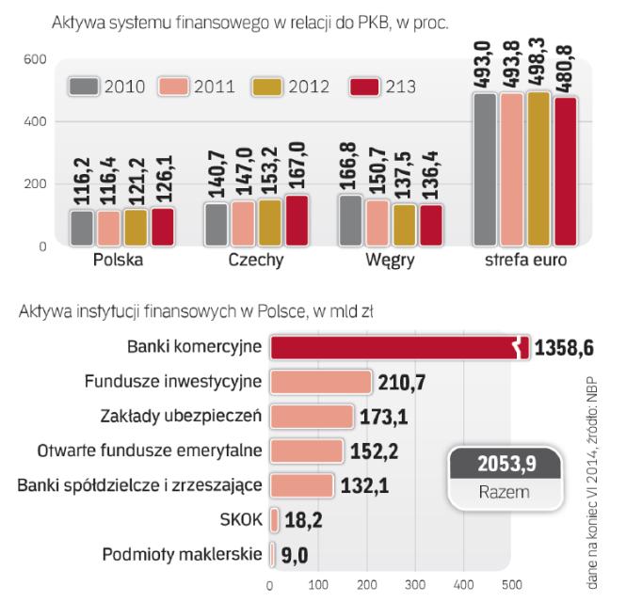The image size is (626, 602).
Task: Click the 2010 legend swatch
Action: pos(82,88)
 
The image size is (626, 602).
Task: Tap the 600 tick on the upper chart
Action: pos(35,59)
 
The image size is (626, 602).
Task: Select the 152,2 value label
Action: pos(374,451)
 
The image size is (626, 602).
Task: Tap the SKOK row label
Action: pos(241,518)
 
